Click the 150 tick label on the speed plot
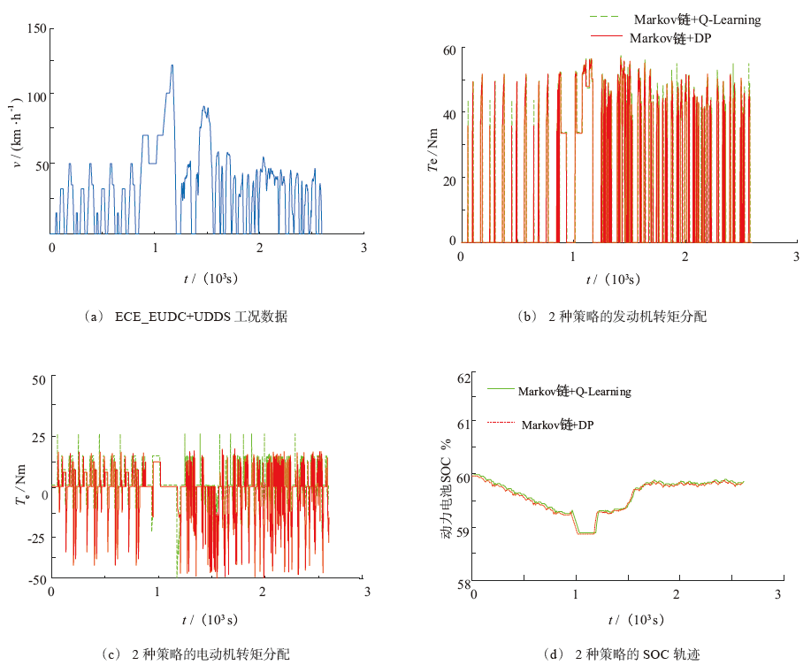click(35, 28)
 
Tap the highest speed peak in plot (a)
click(172, 65)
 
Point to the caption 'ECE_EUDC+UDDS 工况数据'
click(201, 317)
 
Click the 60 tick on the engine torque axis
click(448, 50)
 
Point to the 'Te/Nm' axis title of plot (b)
click(432, 146)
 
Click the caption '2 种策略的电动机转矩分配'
click(210, 654)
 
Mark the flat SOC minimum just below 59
click(585, 533)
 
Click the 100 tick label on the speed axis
click(35, 94)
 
